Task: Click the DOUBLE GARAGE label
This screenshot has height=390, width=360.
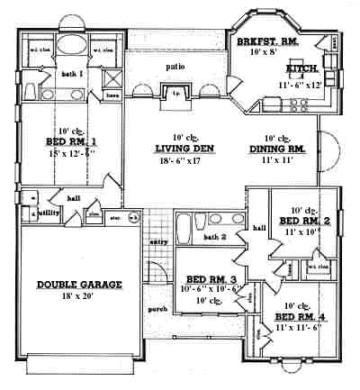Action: [x=80, y=285]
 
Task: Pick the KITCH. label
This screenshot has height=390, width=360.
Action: [x=300, y=68]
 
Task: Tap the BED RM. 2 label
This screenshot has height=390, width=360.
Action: [x=305, y=221]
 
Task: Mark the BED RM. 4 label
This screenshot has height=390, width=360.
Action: [x=300, y=318]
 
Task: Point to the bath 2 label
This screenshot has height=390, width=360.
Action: [x=214, y=237]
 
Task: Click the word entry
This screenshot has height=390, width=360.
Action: [x=158, y=241]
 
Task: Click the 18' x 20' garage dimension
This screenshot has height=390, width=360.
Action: [x=80, y=297]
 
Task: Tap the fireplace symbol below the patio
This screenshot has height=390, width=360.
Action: [x=176, y=92]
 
